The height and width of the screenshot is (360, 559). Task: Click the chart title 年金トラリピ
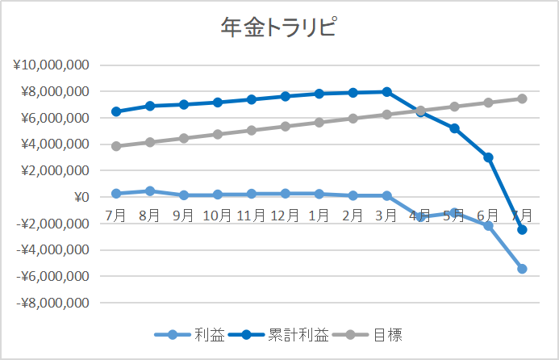coord(278,28)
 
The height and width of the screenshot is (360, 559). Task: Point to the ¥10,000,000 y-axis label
coord(50,65)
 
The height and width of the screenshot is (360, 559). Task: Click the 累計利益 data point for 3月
coord(387,92)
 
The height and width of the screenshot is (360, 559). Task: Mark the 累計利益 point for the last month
coord(522,230)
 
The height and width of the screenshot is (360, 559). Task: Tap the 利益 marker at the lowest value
coord(522,269)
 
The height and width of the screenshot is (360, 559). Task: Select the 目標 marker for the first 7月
coord(116,146)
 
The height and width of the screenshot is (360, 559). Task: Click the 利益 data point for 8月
coord(150,191)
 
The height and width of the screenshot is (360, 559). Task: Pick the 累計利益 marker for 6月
coord(488,157)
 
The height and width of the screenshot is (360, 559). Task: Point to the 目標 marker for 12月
coord(286,126)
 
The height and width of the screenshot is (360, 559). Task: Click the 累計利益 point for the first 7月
coord(116,111)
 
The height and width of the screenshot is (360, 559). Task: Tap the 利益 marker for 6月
coord(488,226)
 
